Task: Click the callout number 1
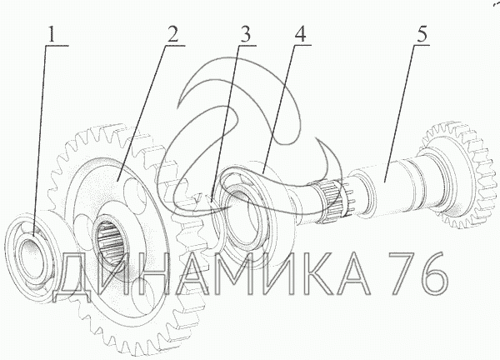tap(52, 35)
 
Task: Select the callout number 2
tap(172, 35)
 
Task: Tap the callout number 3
tap(245, 35)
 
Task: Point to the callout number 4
tap(300, 34)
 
